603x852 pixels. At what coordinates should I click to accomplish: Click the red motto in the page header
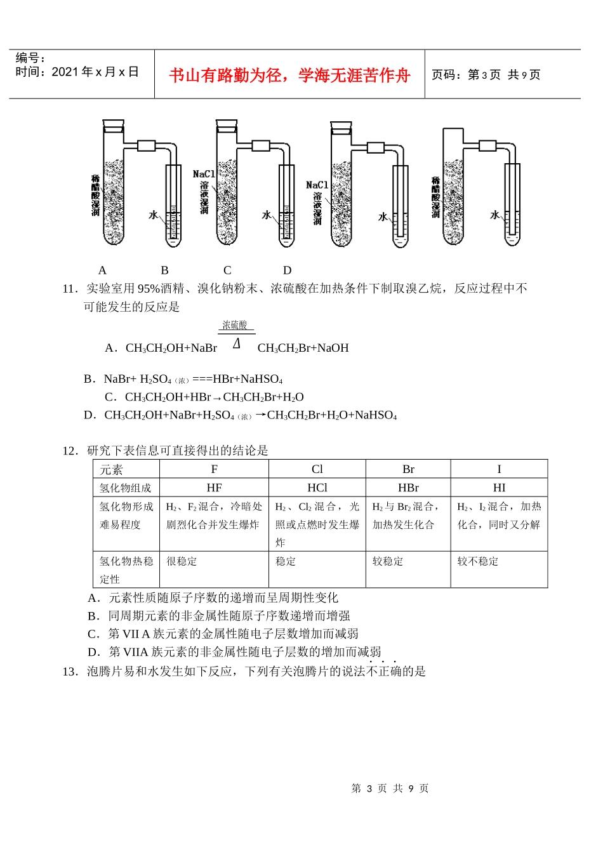tap(289, 76)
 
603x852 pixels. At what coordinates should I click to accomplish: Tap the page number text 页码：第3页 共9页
tap(486, 75)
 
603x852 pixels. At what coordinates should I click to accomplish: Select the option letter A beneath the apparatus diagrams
tap(103, 270)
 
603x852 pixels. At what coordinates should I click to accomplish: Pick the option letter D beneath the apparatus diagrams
tap(287, 270)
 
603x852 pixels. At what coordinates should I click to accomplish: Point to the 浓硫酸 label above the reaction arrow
tap(235, 326)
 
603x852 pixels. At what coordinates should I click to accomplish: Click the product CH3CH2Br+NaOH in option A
tap(303, 348)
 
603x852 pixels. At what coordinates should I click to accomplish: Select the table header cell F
tap(215, 469)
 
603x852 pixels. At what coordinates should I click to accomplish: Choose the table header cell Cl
tap(317, 469)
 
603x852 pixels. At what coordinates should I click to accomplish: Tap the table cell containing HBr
tap(408, 488)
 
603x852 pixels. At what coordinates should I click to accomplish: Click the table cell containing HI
tap(499, 488)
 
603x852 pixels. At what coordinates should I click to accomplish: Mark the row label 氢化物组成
tap(126, 488)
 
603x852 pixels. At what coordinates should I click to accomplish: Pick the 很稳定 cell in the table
tap(182, 561)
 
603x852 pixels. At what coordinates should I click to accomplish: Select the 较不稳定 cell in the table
tap(478, 561)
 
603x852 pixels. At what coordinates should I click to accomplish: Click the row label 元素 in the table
tap(111, 470)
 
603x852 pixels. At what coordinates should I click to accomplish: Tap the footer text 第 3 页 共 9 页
tap(390, 789)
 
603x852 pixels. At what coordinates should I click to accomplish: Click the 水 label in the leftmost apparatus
tap(154, 215)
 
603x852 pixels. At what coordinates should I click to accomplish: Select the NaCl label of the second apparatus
tap(203, 174)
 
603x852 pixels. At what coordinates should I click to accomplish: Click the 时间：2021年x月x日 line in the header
tap(77, 72)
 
